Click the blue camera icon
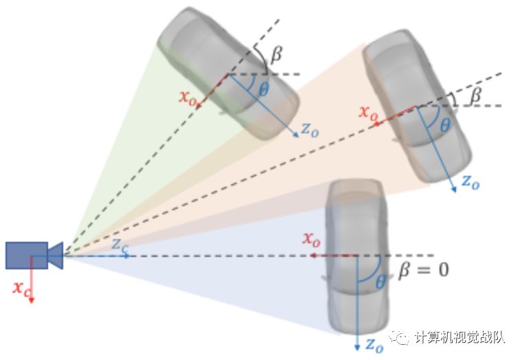pyautogui.click(x=33, y=255)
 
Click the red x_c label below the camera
pyautogui.click(x=21, y=287)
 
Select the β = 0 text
pyautogui.click(x=423, y=269)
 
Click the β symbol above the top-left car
pyautogui.click(x=275, y=54)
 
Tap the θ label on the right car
pyautogui.click(x=444, y=125)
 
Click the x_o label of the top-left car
pyautogui.click(x=188, y=97)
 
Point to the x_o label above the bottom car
pyautogui.click(x=311, y=240)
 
